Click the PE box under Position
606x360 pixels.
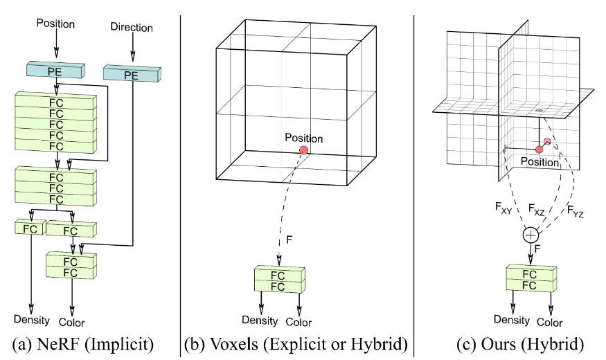coord(55,70)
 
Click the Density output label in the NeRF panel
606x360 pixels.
coord(31,320)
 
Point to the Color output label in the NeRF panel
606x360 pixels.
coord(71,322)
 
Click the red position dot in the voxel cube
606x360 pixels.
coord(303,150)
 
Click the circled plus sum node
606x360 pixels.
coord(531,236)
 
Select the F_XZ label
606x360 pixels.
coord(537,208)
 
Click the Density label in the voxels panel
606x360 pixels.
coord(260,320)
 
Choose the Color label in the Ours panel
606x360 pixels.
coord(549,322)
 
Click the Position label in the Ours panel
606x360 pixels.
coord(539,163)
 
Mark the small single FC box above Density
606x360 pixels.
coord(28,228)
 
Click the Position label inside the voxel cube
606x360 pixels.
coord(303,138)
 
